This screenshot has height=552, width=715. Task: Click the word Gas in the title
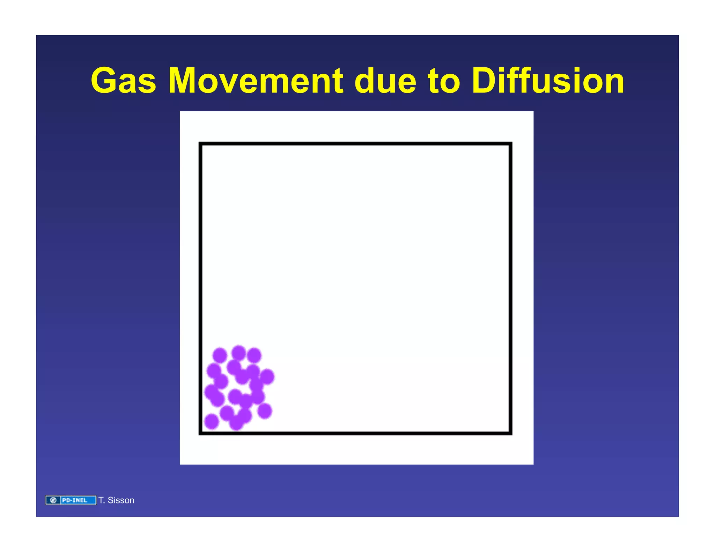pyautogui.click(x=123, y=81)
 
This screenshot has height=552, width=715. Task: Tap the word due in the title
pyautogui.click(x=385, y=81)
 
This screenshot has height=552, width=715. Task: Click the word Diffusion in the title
pyautogui.click(x=547, y=81)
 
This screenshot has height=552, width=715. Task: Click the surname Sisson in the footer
pyautogui.click(x=121, y=500)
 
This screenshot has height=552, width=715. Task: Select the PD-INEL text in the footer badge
pyautogui.click(x=74, y=500)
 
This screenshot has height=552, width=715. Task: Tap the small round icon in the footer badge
pyautogui.click(x=53, y=500)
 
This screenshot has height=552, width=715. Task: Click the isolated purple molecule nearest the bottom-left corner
pyautogui.click(x=211, y=421)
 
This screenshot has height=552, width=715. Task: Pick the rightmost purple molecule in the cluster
pyautogui.click(x=267, y=376)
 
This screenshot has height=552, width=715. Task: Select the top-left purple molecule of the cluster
pyautogui.click(x=220, y=355)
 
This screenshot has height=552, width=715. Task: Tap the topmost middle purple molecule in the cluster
pyautogui.click(x=239, y=353)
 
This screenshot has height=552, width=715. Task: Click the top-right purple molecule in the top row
pyautogui.click(x=254, y=355)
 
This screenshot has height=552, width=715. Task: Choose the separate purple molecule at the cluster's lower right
pyautogui.click(x=265, y=411)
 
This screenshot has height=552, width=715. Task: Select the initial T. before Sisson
pyautogui.click(x=102, y=500)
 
